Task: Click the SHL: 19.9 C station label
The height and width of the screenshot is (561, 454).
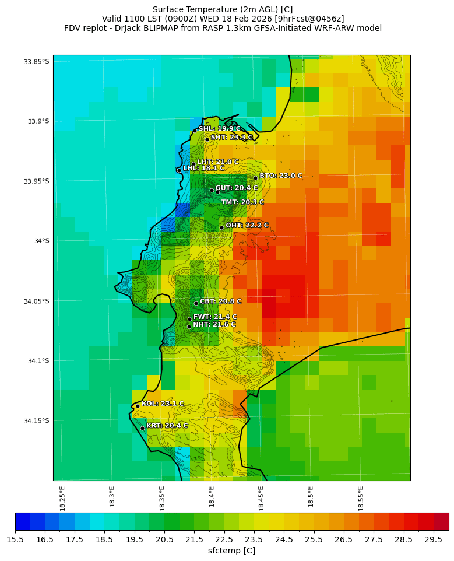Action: click(219, 129)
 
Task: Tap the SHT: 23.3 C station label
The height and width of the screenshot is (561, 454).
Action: click(231, 138)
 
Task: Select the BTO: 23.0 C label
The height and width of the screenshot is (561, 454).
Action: click(280, 176)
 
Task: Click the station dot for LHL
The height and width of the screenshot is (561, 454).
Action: click(179, 170)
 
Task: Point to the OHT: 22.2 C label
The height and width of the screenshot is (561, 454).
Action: click(247, 226)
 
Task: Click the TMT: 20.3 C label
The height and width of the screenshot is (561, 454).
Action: click(242, 202)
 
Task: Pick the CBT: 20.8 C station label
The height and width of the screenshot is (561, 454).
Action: click(220, 301)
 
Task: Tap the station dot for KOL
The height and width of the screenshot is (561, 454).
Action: click(138, 406)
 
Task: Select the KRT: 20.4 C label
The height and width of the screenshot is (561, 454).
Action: click(167, 426)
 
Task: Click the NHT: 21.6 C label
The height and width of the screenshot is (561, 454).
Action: click(214, 325)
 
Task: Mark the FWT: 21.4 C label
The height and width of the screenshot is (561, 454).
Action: click(214, 317)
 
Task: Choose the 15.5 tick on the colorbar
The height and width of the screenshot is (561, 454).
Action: click(15, 540)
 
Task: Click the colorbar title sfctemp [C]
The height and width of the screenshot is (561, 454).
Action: click(231, 551)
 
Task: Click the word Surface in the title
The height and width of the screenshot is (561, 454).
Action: click(168, 9)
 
